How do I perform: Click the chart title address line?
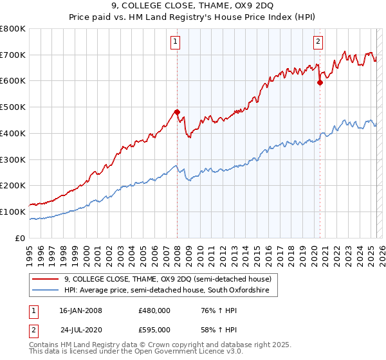[193, 6]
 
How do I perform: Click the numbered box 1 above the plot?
[176, 42]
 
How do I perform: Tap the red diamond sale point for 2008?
[177, 112]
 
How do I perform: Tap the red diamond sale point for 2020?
[320, 82]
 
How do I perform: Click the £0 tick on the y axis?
[21, 238]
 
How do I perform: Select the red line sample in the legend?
[46, 279]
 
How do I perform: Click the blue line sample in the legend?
[46, 291]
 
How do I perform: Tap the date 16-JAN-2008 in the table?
[80, 310]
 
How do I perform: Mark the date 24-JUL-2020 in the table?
[80, 331]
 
